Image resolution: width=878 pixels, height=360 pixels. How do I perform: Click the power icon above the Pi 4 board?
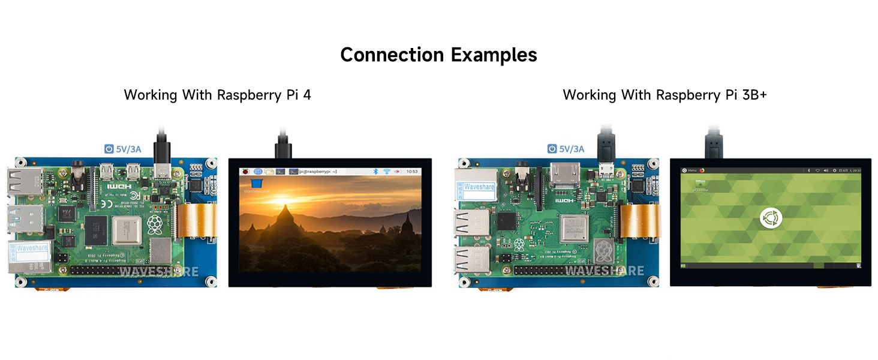109,149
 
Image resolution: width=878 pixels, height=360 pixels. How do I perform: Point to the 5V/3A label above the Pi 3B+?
572,149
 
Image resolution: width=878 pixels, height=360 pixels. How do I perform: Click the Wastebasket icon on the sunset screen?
256,183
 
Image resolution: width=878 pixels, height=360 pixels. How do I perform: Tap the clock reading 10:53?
413,172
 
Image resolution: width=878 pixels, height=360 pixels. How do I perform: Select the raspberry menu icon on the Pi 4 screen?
245,172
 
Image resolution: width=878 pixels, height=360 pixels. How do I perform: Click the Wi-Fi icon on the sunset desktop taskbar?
387,172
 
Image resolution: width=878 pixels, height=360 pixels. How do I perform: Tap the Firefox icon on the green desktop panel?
702,170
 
